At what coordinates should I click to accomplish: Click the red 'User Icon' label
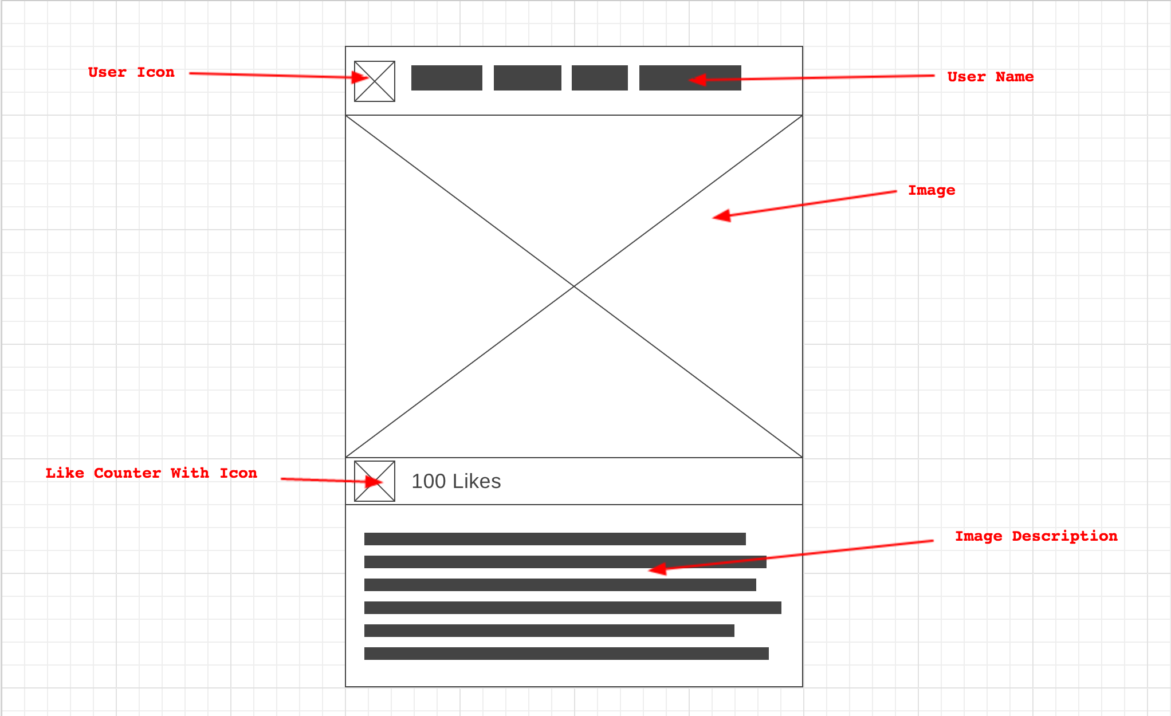point(131,73)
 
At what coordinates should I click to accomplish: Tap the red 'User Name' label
point(990,77)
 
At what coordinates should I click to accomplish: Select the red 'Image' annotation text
point(932,190)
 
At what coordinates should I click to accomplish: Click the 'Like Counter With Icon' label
point(151,473)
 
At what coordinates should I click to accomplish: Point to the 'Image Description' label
point(1036,536)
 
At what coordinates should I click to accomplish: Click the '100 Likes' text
point(456,481)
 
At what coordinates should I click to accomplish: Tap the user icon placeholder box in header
point(375,81)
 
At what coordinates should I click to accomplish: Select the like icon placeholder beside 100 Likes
point(375,481)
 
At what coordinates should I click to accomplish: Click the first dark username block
point(447,78)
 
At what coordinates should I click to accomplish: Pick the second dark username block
point(528,78)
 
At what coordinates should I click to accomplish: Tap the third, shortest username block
point(600,78)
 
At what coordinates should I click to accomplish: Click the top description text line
point(555,539)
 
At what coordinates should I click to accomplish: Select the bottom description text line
point(567,654)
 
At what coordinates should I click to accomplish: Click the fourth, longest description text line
point(573,608)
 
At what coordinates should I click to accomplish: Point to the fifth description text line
point(549,631)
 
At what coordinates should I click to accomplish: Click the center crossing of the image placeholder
point(574,286)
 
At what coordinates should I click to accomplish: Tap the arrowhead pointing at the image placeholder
point(721,217)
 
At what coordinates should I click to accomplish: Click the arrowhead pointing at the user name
point(697,80)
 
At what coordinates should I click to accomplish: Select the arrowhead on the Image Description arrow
point(657,569)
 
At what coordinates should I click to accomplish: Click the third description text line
point(560,585)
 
